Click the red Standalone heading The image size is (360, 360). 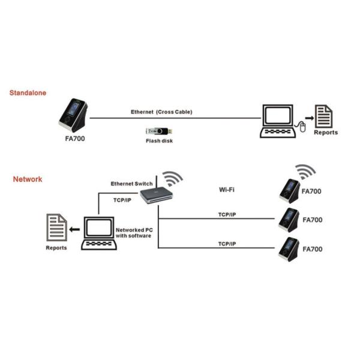coord(28,93)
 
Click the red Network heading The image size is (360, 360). coord(28,179)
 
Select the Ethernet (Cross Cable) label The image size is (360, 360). coord(161,112)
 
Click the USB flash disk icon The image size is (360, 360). coord(160,131)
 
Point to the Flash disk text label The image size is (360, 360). coord(160,142)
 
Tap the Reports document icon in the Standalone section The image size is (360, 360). coord(325,116)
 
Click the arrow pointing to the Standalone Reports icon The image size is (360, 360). coord(309,118)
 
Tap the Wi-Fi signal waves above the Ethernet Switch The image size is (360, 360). coord(173,178)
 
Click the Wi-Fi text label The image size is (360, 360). coord(226,190)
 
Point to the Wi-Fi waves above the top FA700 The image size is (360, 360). coord(307,172)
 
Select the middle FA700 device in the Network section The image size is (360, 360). coord(289,220)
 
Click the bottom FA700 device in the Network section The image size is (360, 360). coord(289,249)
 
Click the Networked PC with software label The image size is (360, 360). coord(133,233)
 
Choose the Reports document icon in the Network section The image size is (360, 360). coord(56,229)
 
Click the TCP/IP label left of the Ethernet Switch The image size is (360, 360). coord(122,200)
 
